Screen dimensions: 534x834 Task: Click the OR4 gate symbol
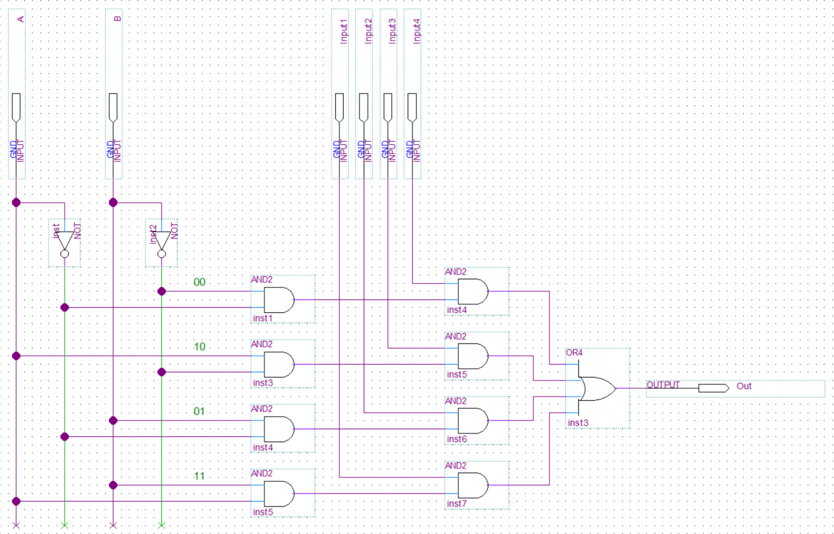click(597, 389)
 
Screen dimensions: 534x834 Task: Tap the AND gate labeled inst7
click(473, 485)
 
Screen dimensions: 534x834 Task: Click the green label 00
click(199, 282)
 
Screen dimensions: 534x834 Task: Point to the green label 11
click(199, 476)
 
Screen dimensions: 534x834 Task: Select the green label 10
click(199, 347)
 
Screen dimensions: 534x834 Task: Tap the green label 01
click(199, 411)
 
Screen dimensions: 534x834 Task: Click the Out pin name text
click(744, 386)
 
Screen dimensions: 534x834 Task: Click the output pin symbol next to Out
click(713, 388)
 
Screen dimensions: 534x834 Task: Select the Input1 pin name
click(343, 31)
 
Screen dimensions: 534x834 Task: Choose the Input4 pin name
click(416, 31)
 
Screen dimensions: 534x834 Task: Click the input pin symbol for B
click(113, 107)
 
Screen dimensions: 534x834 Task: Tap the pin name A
click(21, 19)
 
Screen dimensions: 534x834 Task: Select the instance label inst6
click(457, 439)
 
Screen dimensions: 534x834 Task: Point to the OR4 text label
click(574, 353)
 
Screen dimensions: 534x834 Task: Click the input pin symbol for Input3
click(388, 107)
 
